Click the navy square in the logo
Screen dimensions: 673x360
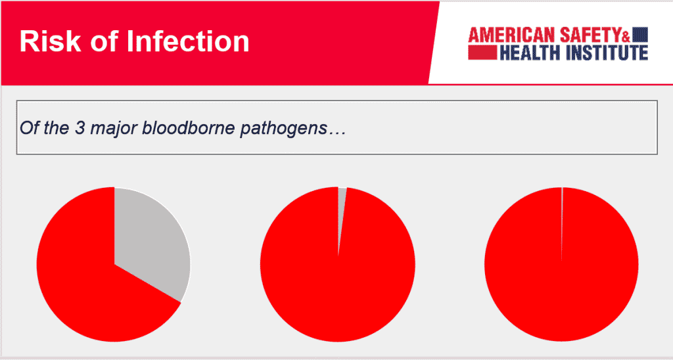[x=640, y=34]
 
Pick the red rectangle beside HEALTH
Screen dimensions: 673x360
[x=482, y=53]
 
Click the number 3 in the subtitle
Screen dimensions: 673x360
[x=80, y=128]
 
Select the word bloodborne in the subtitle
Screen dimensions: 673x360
[x=189, y=128]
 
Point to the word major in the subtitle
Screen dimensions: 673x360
[x=114, y=129]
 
